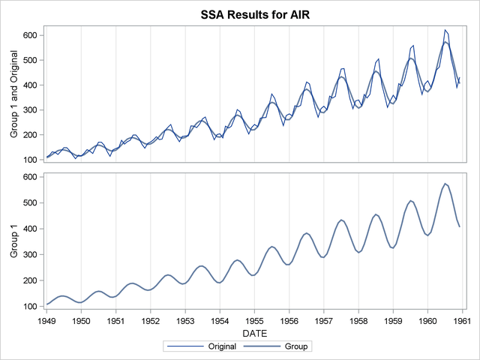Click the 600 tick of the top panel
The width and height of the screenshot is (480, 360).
point(31,35)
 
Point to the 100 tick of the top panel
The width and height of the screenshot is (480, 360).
point(31,160)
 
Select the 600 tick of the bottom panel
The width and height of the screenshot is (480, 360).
point(31,177)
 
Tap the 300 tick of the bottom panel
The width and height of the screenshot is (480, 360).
point(31,254)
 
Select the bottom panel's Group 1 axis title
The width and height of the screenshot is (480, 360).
point(13,241)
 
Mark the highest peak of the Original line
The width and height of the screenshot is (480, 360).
point(445,30)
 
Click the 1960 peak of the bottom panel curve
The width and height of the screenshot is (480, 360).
point(445,183)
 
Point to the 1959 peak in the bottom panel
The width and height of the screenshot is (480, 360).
point(411,200)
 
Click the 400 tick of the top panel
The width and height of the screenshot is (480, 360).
point(31,85)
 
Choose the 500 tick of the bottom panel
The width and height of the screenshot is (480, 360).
point(31,202)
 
